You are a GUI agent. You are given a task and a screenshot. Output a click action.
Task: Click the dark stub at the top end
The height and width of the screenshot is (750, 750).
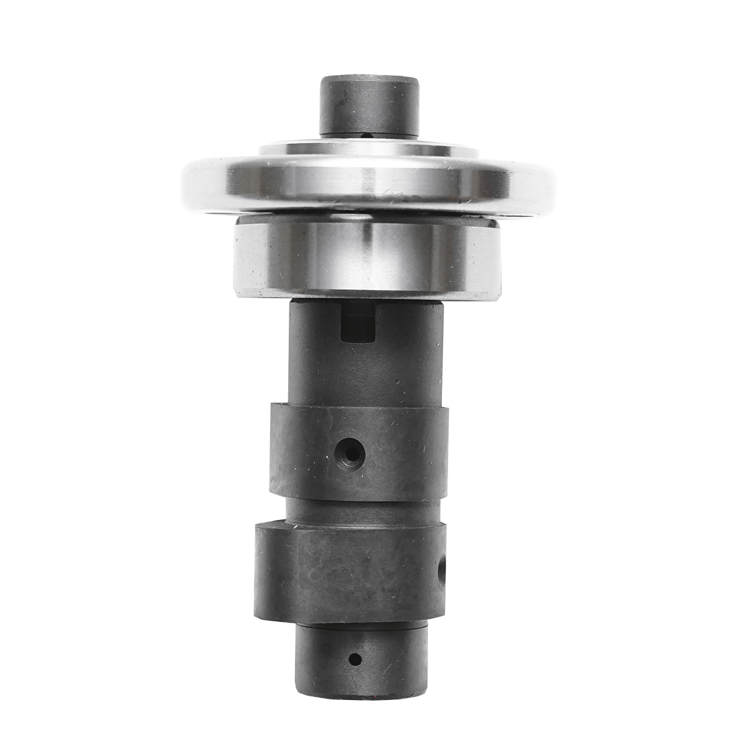pyautogui.click(x=368, y=106)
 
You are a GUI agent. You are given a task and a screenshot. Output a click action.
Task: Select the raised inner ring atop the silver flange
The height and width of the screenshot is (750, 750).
pyautogui.click(x=369, y=148)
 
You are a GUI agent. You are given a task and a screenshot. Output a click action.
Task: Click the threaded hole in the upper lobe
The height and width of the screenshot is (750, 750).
pyautogui.click(x=349, y=451)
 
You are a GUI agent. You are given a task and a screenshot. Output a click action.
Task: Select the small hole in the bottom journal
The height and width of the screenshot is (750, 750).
pyautogui.click(x=355, y=659)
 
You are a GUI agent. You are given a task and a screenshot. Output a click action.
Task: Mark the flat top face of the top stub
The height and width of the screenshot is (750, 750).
pyautogui.click(x=369, y=80)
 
